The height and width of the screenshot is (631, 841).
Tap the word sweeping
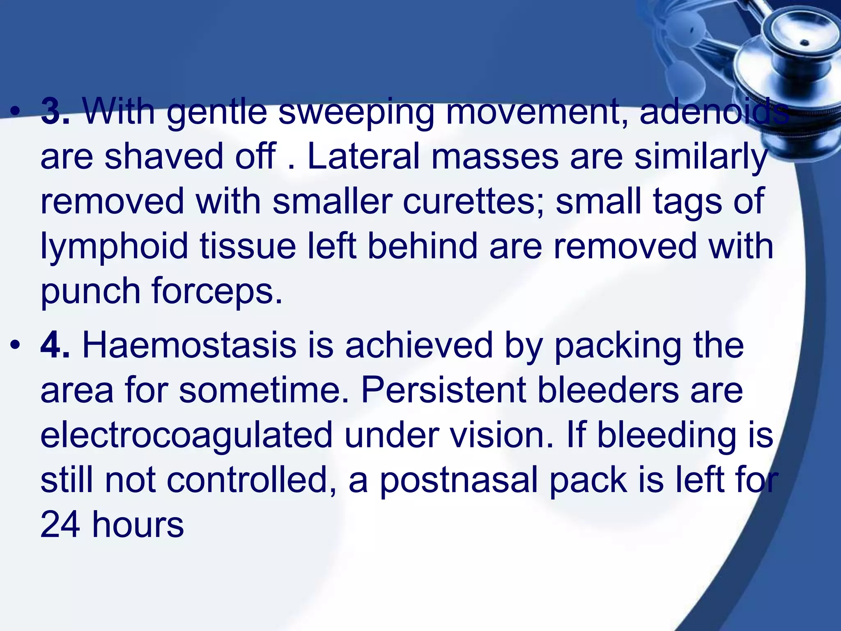[356, 112]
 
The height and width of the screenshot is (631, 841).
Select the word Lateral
[363, 157]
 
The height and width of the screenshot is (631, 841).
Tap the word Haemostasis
[189, 346]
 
